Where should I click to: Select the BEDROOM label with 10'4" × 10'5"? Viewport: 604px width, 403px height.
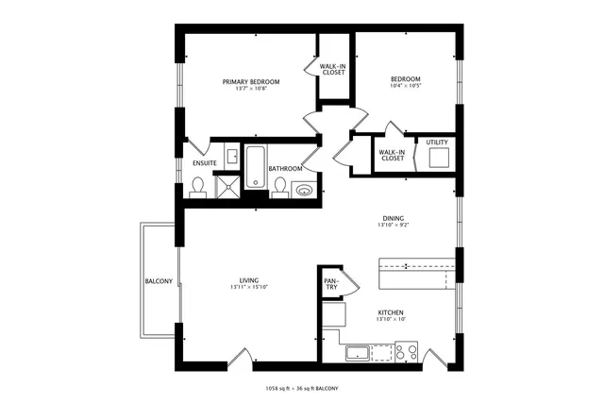coord(405,78)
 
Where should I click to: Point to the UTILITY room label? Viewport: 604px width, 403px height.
coord(437,143)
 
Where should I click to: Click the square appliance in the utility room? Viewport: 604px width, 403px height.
coord(437,159)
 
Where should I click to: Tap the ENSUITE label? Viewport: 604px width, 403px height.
coord(205,163)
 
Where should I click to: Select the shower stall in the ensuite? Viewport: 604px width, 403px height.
coord(228,189)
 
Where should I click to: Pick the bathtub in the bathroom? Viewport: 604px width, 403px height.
coord(257,166)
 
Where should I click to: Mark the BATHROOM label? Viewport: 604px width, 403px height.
coord(285,169)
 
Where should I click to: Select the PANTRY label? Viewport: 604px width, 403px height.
coord(331,284)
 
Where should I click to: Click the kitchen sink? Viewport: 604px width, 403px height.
coord(358,354)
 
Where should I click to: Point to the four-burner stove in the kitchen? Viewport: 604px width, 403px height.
coord(406,353)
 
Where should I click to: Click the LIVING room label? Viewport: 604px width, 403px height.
coord(249,280)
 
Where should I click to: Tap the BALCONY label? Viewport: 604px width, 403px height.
coord(159,281)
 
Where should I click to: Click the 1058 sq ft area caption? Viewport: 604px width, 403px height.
coord(301,389)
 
